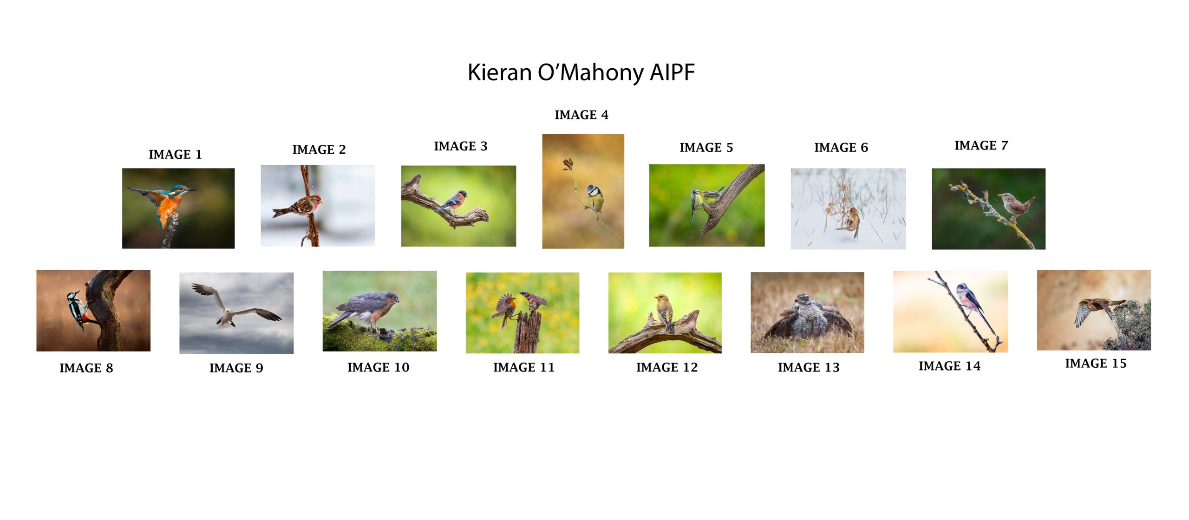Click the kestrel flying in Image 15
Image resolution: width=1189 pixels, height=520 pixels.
(x=1098, y=311)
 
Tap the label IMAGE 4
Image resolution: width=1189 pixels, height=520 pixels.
(x=581, y=115)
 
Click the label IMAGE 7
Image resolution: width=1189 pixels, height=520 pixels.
(x=981, y=145)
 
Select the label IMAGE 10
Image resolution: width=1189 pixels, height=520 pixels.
(x=379, y=367)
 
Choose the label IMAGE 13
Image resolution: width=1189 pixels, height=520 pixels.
(x=809, y=367)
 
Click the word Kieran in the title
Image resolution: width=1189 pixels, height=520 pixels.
(x=499, y=72)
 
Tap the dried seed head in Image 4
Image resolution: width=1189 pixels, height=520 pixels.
(x=568, y=164)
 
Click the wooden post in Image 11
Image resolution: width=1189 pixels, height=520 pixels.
(x=528, y=331)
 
